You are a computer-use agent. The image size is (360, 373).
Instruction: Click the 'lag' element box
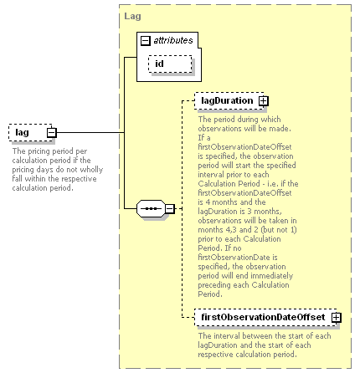coord(30,132)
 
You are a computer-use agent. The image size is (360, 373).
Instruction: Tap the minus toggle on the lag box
coord(52,133)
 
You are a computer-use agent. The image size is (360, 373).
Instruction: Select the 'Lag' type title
coord(132,16)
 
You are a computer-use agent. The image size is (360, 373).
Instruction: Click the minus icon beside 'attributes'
coord(146,41)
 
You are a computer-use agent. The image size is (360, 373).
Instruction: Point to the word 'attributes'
coord(173,40)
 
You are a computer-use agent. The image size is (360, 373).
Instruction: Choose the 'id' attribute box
coord(170,64)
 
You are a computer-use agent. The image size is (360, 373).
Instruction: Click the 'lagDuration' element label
coord(227,100)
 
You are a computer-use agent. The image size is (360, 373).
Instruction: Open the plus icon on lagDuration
coord(263,101)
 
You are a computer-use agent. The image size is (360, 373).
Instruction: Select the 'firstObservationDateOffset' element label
coord(263,317)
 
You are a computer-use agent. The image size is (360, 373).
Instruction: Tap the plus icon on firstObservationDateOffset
coord(337,317)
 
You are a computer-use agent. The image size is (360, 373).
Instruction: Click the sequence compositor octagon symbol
coord(151,208)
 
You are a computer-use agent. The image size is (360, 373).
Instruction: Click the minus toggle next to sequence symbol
coord(170,208)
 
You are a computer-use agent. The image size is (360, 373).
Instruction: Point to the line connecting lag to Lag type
coord(90,132)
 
